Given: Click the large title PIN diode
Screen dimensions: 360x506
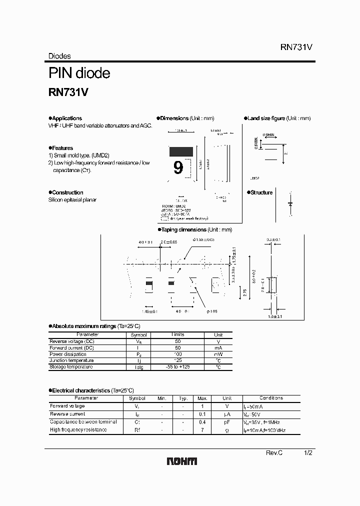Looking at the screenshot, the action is [x=79, y=73].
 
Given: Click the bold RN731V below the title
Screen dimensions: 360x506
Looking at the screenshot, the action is [x=68, y=92].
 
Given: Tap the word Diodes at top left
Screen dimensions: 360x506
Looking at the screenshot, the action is [x=59, y=56].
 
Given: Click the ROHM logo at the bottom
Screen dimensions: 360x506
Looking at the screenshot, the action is [x=181, y=461].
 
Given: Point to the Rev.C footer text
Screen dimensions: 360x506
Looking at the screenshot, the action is [x=274, y=452].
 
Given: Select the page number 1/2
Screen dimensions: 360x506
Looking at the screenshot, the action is [x=308, y=452].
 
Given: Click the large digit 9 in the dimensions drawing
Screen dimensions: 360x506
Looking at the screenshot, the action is [x=178, y=168].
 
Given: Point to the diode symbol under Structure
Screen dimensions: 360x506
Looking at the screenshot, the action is [x=290, y=204].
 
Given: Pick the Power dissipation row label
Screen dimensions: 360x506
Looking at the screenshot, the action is [x=69, y=354].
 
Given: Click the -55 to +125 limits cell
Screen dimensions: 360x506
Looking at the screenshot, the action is [x=178, y=367].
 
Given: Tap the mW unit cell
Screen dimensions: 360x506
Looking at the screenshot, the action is [x=218, y=354].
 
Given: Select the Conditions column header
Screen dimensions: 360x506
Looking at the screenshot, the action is [x=271, y=398].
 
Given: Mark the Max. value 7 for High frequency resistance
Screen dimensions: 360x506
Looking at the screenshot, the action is [x=202, y=430].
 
